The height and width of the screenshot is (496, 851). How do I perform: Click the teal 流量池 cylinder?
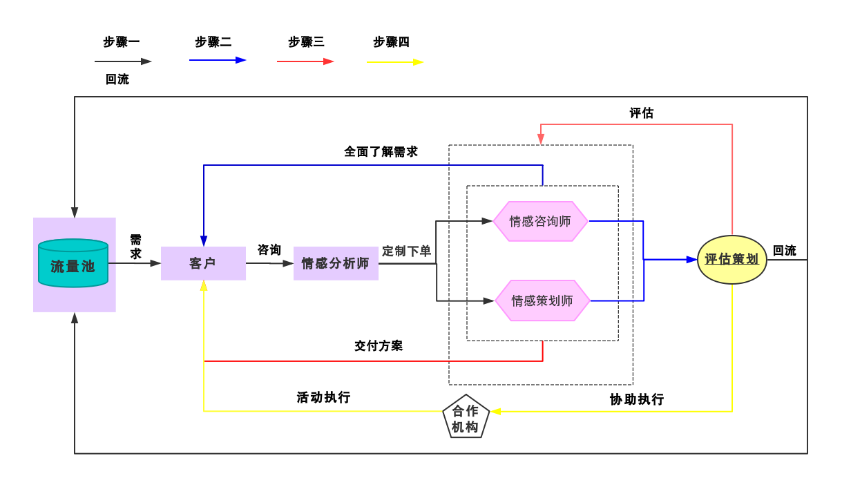(73, 263)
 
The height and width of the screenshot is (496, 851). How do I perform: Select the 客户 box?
(203, 263)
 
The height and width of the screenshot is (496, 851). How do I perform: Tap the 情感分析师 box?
(336, 263)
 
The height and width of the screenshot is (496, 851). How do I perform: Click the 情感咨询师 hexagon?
(541, 221)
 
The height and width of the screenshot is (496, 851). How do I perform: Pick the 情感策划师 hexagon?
(542, 301)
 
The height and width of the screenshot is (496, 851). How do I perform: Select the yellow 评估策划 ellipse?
(732, 260)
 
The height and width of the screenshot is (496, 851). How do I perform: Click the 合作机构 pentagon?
(466, 417)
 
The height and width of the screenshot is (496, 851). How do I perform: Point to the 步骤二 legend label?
(213, 42)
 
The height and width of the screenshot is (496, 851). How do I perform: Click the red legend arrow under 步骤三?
(305, 61)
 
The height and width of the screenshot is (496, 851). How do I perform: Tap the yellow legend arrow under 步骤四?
(395, 62)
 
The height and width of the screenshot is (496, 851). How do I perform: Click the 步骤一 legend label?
(122, 42)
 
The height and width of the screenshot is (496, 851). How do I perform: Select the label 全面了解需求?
(381, 152)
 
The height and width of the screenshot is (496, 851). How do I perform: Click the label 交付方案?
(379, 345)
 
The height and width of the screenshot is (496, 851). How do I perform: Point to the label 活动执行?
(323, 398)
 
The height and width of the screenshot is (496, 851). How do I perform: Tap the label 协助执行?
(637, 399)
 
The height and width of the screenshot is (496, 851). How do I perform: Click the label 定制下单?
(406, 251)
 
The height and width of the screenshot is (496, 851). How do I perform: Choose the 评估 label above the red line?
(641, 113)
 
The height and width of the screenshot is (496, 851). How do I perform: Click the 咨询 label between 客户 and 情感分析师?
(269, 249)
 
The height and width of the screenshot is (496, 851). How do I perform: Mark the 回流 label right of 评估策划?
(785, 251)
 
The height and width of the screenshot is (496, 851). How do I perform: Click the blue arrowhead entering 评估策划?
(692, 260)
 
